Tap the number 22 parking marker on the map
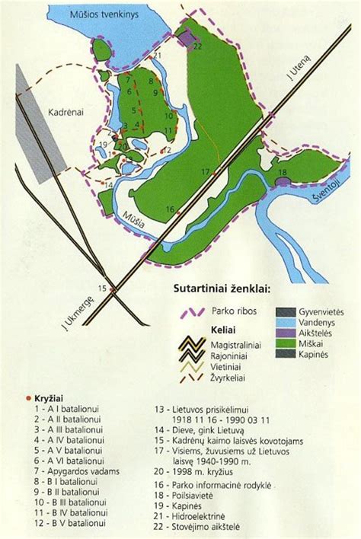pyautogui.click(x=198, y=46)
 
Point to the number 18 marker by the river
pyautogui.click(x=283, y=173)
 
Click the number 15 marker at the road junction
pyautogui.click(x=103, y=287)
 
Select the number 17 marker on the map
pyautogui.click(x=205, y=173)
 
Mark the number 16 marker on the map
pyautogui.click(x=170, y=209)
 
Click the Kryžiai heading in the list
pyautogui.click(x=53, y=397)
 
